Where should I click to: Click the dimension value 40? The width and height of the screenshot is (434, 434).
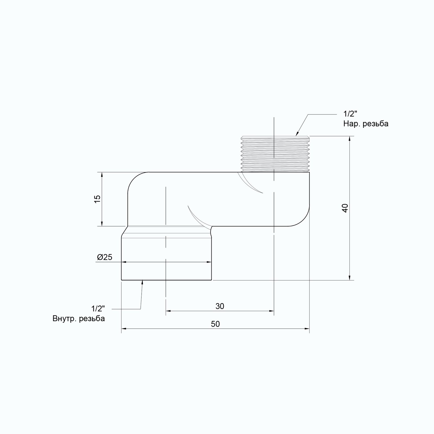(345, 208)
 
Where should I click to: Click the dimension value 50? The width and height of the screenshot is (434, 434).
(215, 324)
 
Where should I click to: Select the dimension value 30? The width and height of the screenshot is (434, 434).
(220, 306)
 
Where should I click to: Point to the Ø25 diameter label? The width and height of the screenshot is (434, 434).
(105, 257)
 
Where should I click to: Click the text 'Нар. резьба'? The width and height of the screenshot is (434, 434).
(366, 124)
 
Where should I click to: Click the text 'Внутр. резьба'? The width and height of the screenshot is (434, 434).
(79, 318)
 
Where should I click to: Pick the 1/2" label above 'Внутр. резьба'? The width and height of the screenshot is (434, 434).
(98, 308)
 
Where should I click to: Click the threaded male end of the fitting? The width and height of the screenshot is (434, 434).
(275, 154)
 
